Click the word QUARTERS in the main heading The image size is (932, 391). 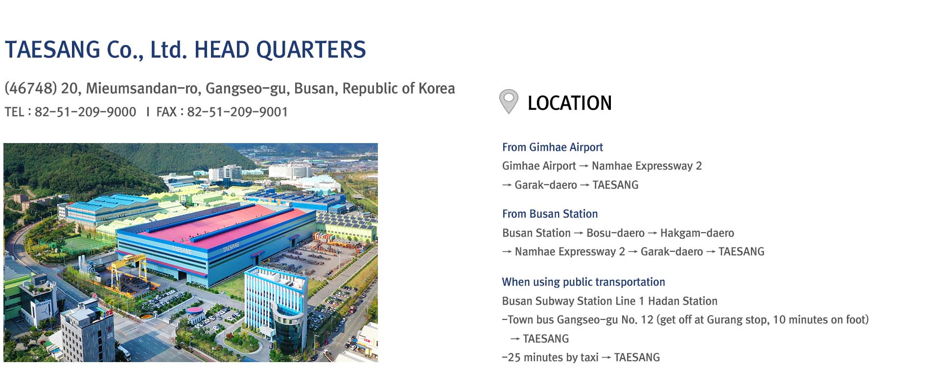tap(311, 50)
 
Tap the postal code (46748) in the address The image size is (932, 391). tap(31, 88)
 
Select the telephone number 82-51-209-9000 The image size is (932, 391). tap(85, 112)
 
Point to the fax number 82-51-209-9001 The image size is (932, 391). tap(237, 112)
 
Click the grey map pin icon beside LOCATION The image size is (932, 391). tap(509, 101)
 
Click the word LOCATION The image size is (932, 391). tap(570, 103)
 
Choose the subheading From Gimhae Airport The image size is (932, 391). tap(552, 147)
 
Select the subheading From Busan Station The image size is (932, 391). tap(550, 214)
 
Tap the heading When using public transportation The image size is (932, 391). tap(583, 282)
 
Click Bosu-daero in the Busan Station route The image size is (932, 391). tap(615, 233)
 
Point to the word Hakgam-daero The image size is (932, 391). tap(697, 233)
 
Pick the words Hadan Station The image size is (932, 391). tap(683, 301)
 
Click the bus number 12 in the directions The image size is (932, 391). tap(647, 320)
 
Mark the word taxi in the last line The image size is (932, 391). tap(589, 358)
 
